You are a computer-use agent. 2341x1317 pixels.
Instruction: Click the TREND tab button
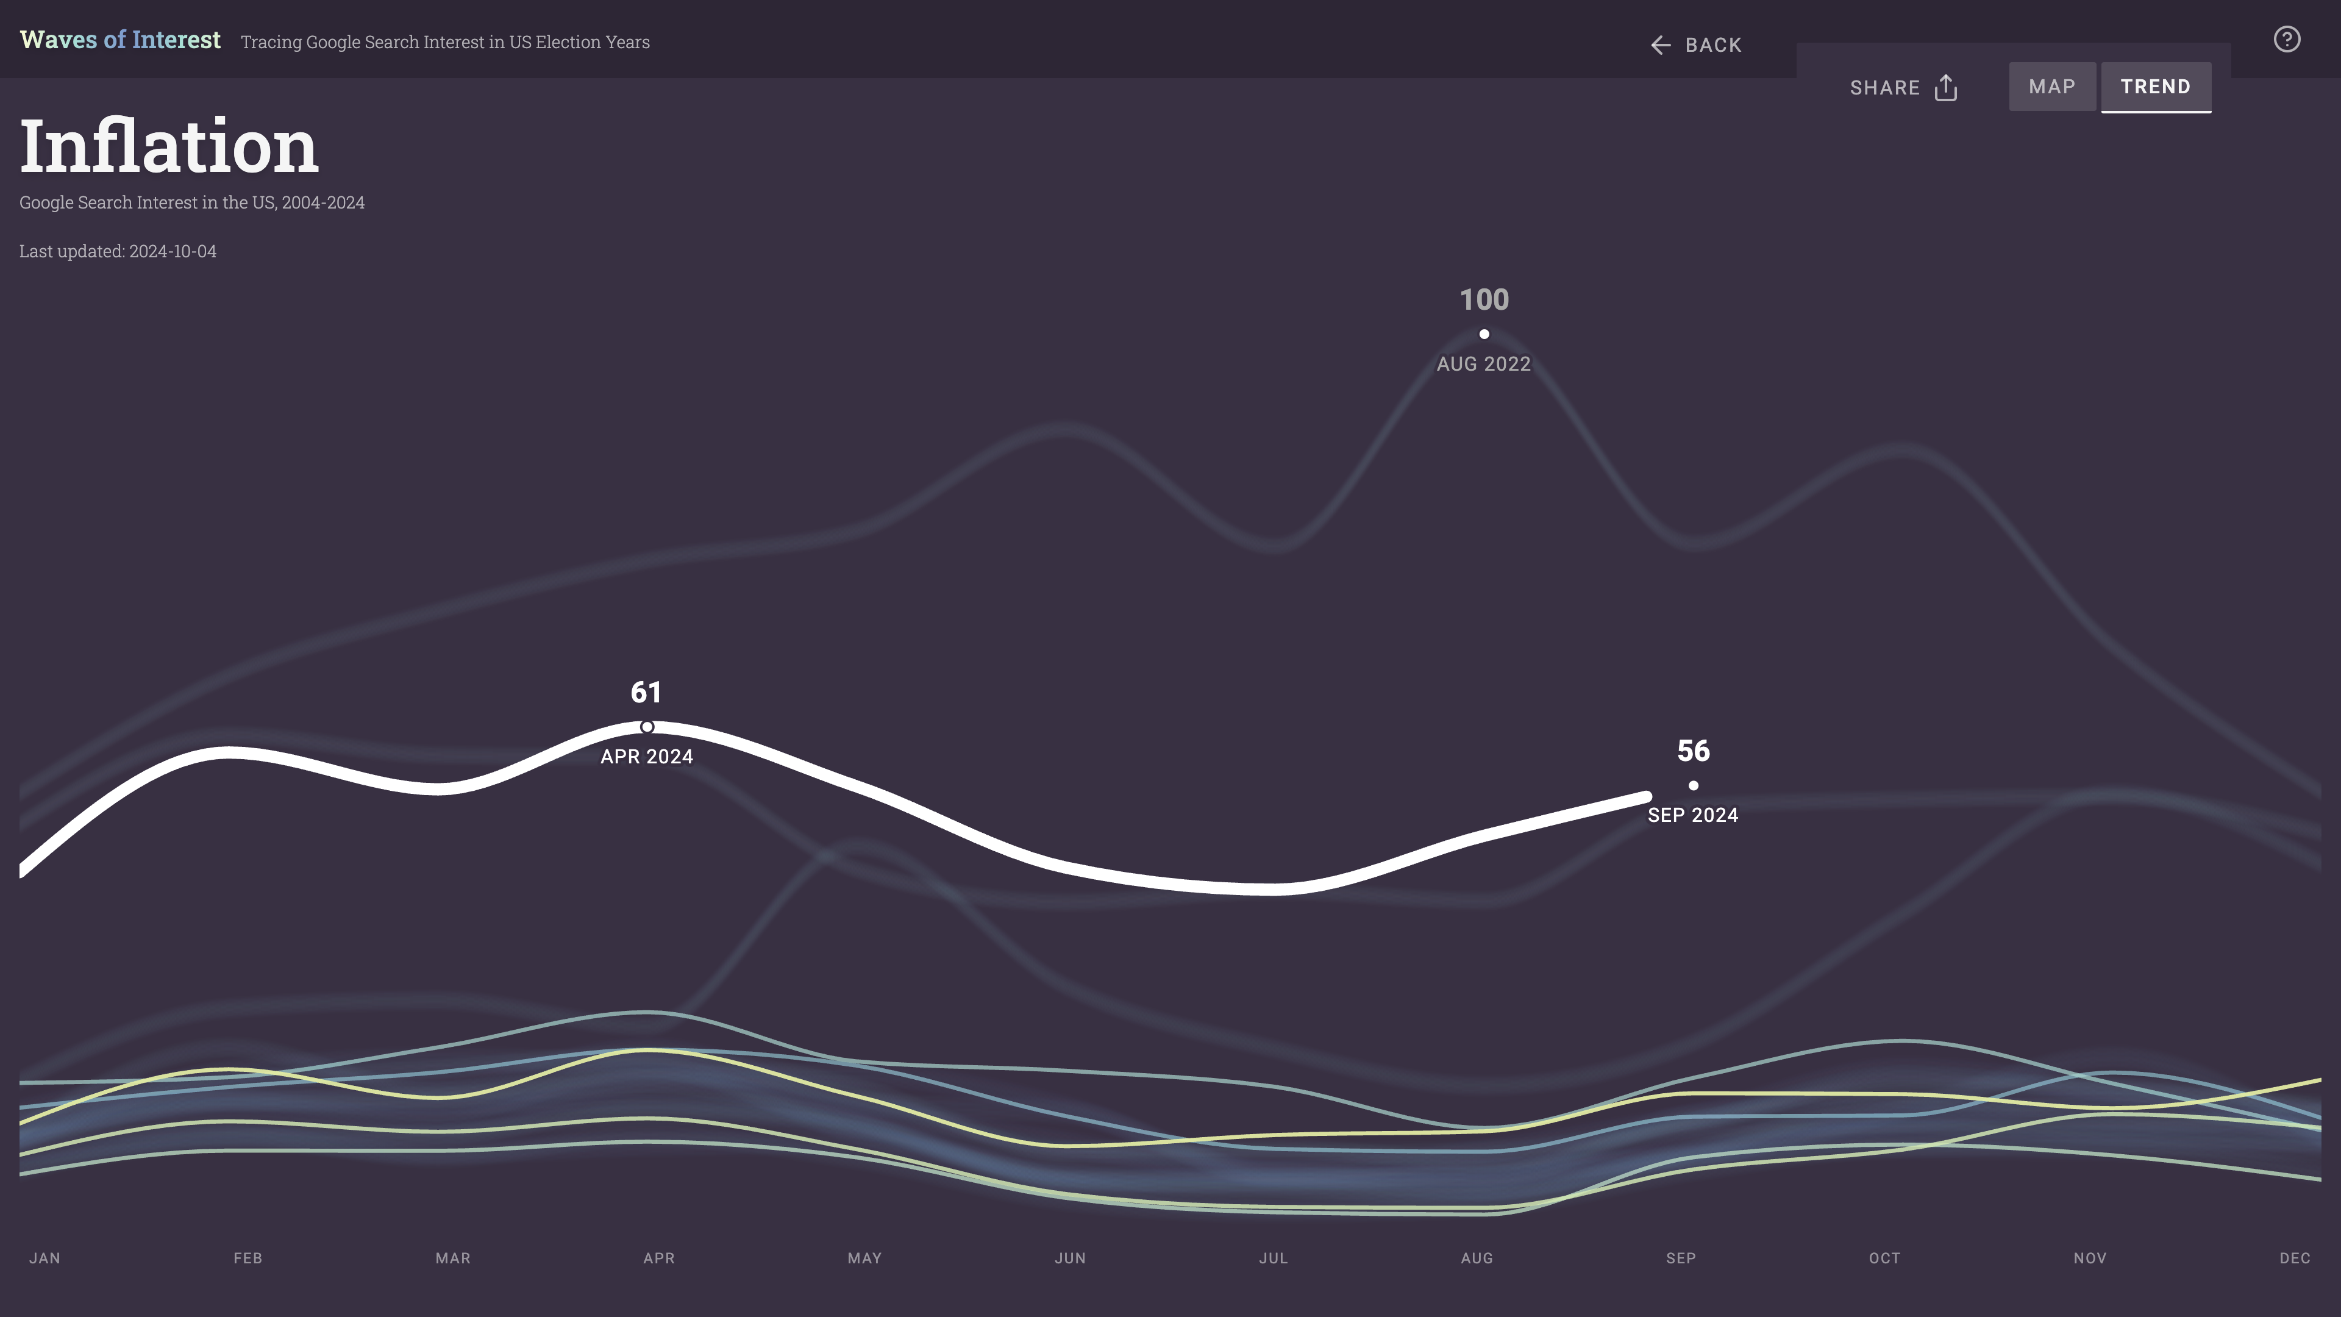(2154, 87)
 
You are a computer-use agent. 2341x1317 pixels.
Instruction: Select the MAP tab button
(2051, 87)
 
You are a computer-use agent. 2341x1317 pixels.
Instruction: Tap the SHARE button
(1903, 88)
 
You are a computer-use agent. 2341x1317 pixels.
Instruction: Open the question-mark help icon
(2287, 40)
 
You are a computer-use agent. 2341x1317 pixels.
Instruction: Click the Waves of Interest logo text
(120, 40)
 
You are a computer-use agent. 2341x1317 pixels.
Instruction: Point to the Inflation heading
(169, 146)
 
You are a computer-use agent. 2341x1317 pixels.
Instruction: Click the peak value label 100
(1484, 300)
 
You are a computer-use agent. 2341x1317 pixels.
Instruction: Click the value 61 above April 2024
(646, 693)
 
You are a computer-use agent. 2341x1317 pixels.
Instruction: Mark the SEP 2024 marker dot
(1693, 785)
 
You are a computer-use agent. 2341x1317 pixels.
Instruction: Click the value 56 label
(1693, 751)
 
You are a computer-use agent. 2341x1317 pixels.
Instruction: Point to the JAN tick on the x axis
(45, 1258)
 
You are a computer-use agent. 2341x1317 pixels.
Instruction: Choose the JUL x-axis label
(1273, 1258)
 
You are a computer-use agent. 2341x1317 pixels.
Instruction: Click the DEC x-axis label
(2295, 1258)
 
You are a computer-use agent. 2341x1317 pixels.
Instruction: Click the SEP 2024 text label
(1693, 815)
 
